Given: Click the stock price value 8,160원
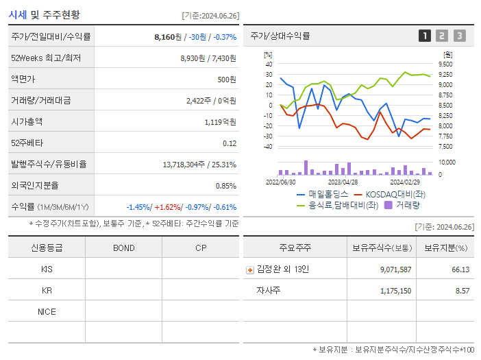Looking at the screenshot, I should tap(168, 37).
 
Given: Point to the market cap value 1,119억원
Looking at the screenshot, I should tap(220, 122).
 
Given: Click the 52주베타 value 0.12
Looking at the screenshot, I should tap(230, 143).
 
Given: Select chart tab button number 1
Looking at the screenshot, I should tap(425, 36).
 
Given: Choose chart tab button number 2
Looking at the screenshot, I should tap(442, 36).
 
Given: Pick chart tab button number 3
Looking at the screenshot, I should tap(459, 36).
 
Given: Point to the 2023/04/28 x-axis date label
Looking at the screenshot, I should tap(343, 182).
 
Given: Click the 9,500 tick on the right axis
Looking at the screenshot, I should tap(445, 64).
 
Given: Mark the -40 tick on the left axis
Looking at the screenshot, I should tap(268, 146).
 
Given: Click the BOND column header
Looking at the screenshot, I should tap(123, 248).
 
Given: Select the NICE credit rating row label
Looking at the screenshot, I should tap(47, 311).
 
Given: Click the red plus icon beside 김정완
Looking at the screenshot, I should tap(249, 269).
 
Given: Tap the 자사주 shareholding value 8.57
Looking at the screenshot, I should tap(461, 291).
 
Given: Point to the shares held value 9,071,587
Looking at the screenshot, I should tap(395, 269).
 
